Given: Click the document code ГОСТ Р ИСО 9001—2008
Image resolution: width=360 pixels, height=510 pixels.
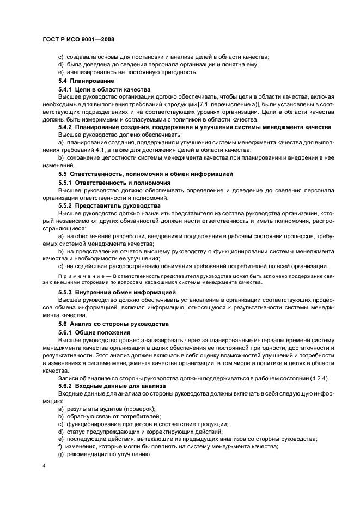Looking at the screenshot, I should tap(77, 40).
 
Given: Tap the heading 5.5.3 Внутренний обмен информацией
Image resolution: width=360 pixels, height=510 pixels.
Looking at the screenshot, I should tap(117, 292).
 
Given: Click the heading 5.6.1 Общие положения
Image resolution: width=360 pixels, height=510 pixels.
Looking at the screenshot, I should tap(94, 332).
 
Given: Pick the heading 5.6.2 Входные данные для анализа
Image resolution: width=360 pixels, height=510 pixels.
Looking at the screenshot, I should tap(113, 385).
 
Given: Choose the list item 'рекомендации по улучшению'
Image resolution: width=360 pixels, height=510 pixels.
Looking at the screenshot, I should tap(108, 454).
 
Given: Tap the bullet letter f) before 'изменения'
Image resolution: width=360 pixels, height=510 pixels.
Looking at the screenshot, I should tap(60, 447).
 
